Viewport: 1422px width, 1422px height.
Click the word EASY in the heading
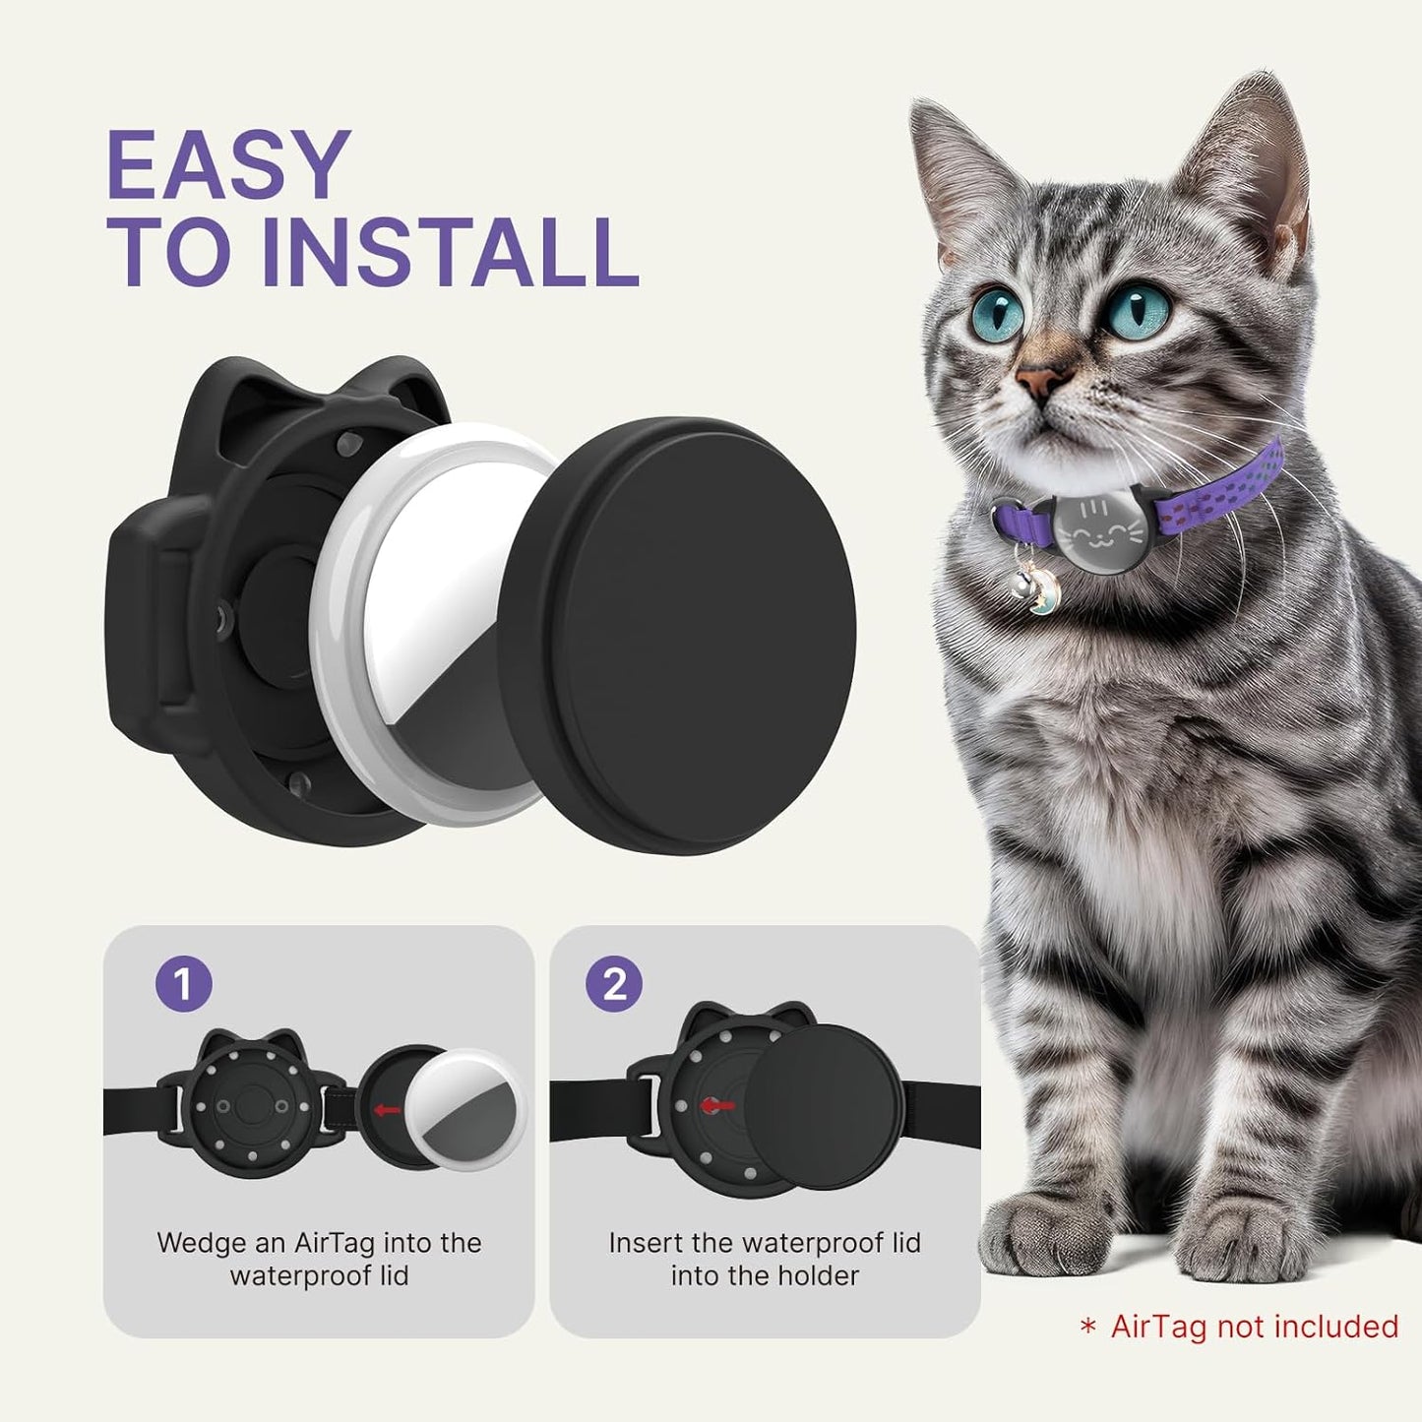coord(228,165)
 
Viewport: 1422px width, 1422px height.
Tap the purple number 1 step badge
coord(183,983)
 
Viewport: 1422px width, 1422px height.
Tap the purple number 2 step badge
coord(614,983)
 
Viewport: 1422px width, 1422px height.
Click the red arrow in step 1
coord(388,1110)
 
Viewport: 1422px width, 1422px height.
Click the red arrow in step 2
coord(718,1106)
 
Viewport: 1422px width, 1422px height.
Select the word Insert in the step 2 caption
coord(646,1243)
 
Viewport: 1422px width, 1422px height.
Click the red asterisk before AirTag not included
coord(1087,1328)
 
